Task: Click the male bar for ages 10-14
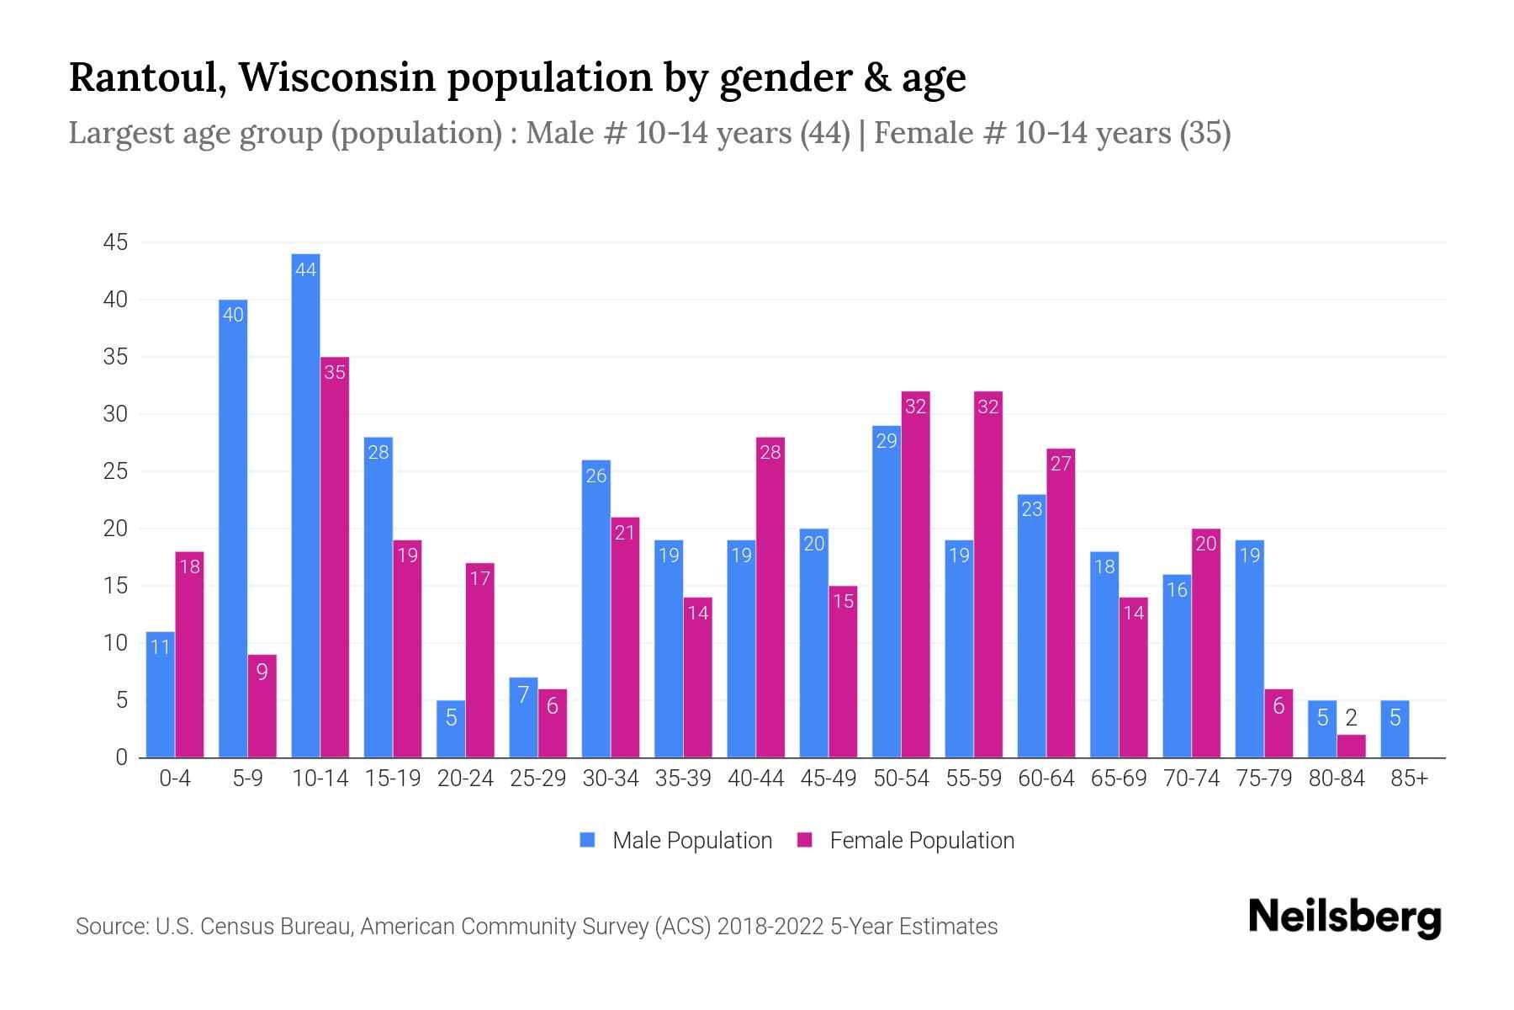[305, 505]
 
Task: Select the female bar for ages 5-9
[262, 706]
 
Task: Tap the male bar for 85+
[1395, 729]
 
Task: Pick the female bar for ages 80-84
[1351, 747]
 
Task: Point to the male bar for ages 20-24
[451, 729]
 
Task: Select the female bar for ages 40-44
[770, 598]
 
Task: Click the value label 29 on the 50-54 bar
[887, 441]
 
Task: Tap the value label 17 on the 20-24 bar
[479, 578]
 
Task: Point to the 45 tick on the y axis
[115, 243]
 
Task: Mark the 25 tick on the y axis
[115, 472]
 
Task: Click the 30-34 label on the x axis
[611, 779]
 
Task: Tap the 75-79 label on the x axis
[1263, 779]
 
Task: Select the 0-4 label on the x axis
[175, 779]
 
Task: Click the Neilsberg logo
[1344, 917]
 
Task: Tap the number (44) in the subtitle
[825, 133]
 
